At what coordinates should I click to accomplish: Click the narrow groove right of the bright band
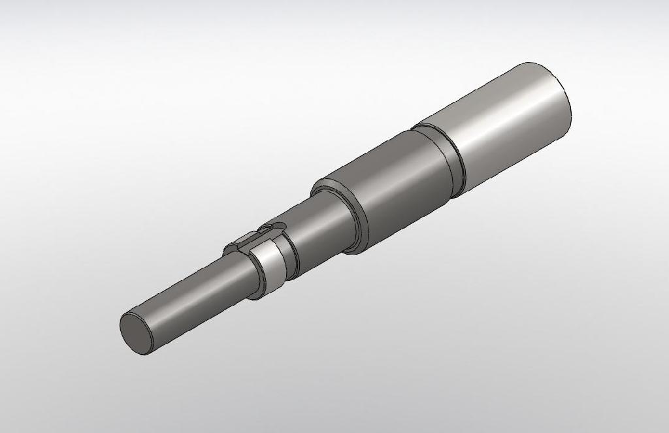point(291,258)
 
